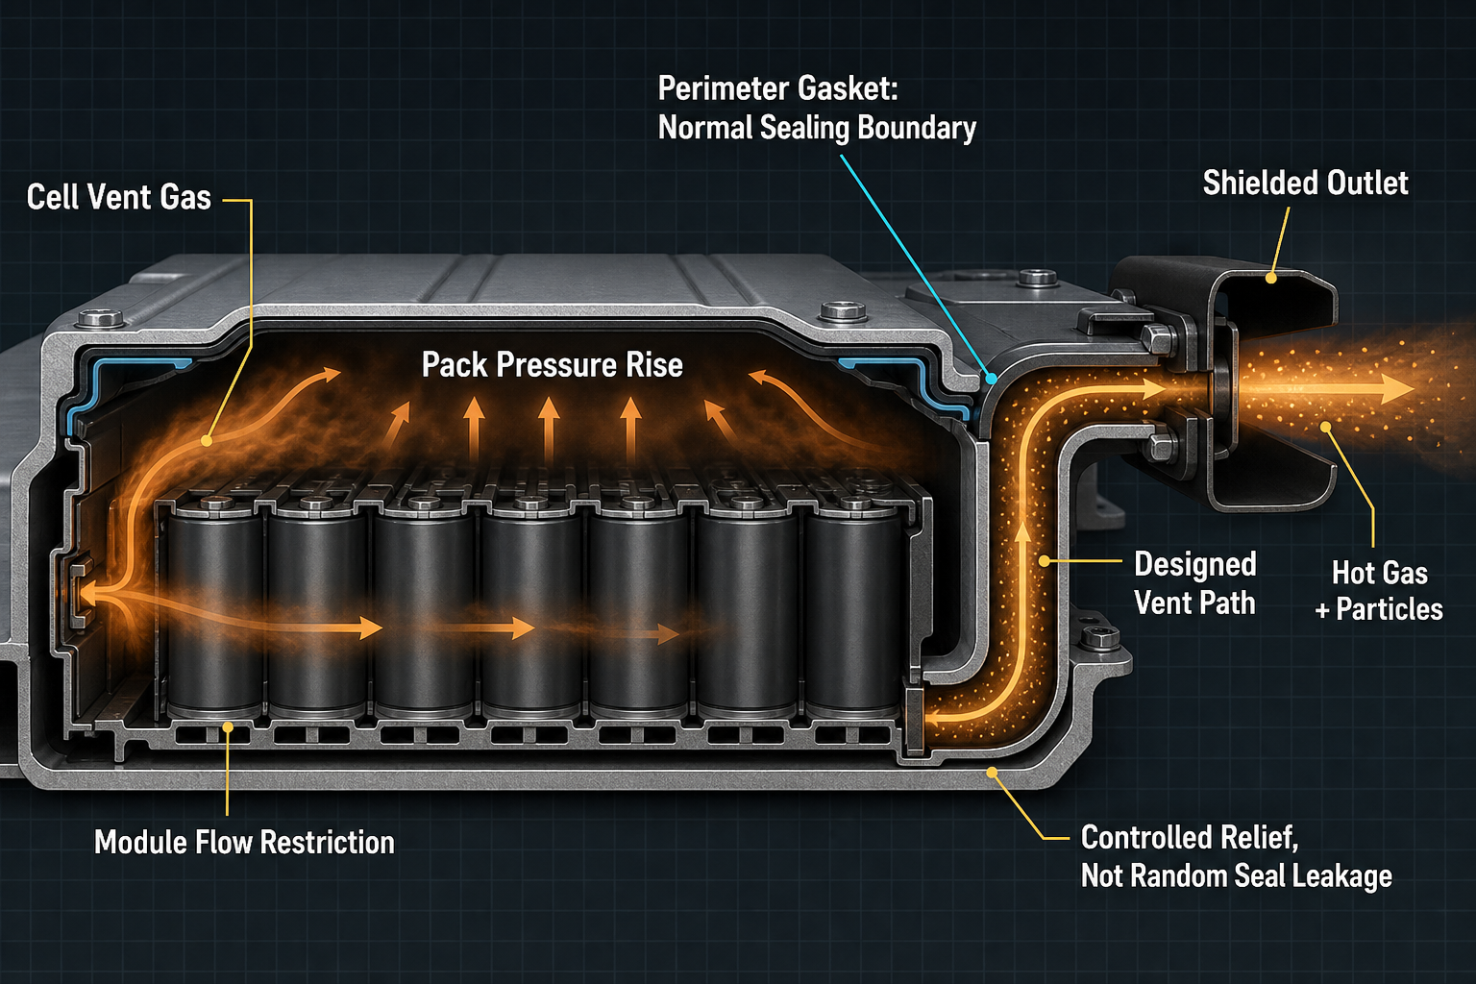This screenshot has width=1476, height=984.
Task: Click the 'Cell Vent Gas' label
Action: (x=118, y=197)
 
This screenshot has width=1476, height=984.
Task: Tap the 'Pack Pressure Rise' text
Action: (x=553, y=365)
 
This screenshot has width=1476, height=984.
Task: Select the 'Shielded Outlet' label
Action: (x=1305, y=184)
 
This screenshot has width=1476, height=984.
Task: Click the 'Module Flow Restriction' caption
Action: (x=244, y=843)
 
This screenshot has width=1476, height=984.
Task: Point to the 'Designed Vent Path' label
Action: (x=1194, y=583)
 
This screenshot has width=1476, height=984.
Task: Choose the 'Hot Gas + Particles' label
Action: (x=1379, y=591)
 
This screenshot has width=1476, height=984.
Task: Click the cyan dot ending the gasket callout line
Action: (x=991, y=379)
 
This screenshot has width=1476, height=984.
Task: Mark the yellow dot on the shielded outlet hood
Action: (x=1271, y=279)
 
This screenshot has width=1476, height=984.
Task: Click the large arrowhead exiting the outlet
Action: (x=1394, y=389)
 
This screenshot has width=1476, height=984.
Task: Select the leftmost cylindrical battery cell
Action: (x=214, y=606)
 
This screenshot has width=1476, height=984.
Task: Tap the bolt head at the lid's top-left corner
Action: (x=101, y=319)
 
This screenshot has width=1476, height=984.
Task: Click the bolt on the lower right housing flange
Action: (x=1100, y=637)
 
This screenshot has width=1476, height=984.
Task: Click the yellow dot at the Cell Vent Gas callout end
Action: (x=207, y=441)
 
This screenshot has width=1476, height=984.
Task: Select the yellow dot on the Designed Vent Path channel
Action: (x=1045, y=561)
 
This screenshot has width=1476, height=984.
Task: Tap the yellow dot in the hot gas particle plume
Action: (x=1326, y=427)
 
